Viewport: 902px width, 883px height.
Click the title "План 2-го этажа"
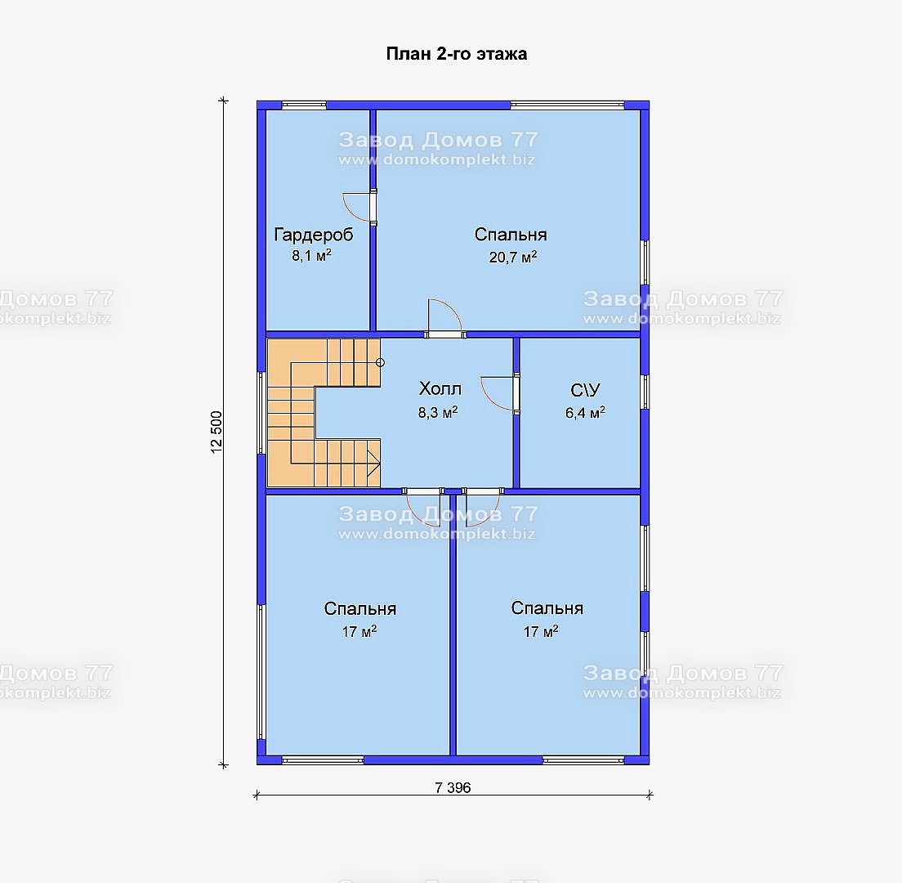pos(456,54)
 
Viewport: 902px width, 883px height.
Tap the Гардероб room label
pos(314,235)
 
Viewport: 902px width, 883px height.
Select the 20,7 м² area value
pos(512,257)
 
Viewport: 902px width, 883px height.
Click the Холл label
pos(440,389)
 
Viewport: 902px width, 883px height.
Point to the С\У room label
pos(585,390)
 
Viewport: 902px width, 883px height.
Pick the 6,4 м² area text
pos(585,413)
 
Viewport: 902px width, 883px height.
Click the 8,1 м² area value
pos(311,256)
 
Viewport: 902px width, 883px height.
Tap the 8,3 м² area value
pos(438,412)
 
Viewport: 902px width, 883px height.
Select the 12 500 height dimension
pos(217,432)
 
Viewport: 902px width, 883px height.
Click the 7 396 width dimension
pos(453,787)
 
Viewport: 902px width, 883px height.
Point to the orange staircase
pos(324,413)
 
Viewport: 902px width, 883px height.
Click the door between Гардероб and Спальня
pos(359,206)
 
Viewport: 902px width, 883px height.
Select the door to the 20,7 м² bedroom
pos(444,318)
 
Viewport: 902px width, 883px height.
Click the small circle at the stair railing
pos(380,363)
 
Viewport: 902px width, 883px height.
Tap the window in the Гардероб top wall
pos(304,105)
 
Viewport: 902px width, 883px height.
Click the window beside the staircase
pos(261,414)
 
